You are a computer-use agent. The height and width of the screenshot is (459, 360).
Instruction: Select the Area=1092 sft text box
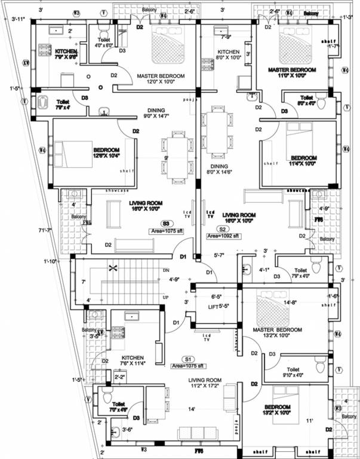224,236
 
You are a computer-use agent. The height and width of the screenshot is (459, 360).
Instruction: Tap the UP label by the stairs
166,296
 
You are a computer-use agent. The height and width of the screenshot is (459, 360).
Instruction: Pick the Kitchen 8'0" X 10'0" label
228,56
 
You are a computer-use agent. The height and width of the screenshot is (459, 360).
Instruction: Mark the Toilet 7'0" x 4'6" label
118,407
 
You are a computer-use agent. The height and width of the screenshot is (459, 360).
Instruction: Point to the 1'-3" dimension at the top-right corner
349,17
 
